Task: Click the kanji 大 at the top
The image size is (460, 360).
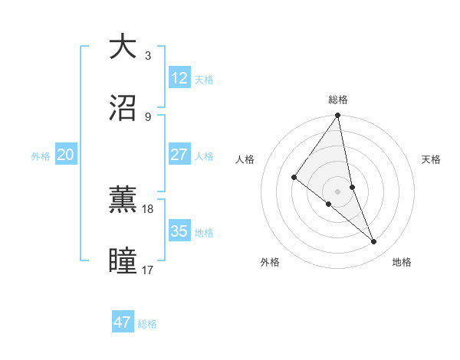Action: [123, 46]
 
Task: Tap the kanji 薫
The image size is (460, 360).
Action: [123, 199]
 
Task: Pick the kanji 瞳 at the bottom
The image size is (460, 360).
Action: [123, 260]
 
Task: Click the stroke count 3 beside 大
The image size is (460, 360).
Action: [148, 55]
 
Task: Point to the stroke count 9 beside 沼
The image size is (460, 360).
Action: [148, 116]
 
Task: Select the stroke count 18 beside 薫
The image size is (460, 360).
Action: [148, 208]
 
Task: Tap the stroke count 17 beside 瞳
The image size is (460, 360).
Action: [148, 270]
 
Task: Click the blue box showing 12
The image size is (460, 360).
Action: [179, 78]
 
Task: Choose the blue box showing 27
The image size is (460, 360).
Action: [179, 155]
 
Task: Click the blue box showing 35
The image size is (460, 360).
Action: [179, 231]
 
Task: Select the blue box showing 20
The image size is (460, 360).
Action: [66, 155]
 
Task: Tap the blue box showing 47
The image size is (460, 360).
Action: [123, 322]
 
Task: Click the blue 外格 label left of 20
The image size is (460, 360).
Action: [41, 156]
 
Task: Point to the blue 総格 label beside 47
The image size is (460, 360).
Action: [147, 324]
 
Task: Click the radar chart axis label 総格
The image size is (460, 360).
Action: [338, 100]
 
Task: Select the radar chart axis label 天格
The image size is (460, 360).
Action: [432, 159]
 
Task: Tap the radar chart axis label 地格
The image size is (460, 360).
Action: [402, 263]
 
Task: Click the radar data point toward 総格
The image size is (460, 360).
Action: [338, 116]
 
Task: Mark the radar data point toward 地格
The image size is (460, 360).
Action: [374, 241]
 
